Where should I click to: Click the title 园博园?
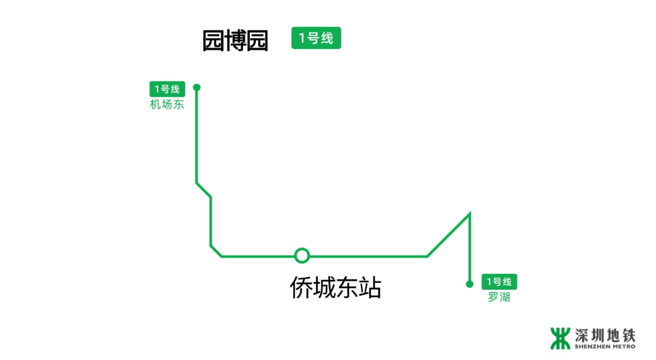pyautogui.click(x=235, y=41)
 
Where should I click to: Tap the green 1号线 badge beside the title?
pyautogui.click(x=316, y=38)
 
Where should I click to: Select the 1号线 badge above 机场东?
pyautogui.click(x=167, y=89)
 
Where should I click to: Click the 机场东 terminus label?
pyautogui.click(x=167, y=104)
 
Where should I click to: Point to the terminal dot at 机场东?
pyautogui.click(x=197, y=87)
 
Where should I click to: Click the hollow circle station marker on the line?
pyautogui.click(x=302, y=256)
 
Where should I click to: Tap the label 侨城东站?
pyautogui.click(x=335, y=288)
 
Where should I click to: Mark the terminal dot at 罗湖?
pyautogui.click(x=470, y=284)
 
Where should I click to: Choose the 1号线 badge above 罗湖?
pyautogui.click(x=499, y=282)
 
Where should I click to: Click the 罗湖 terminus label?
pyautogui.click(x=499, y=297)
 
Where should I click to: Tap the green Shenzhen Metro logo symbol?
pyautogui.click(x=560, y=339)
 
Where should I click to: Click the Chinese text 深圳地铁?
pyautogui.click(x=605, y=335)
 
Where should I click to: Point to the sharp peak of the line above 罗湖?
pyautogui.click(x=470, y=214)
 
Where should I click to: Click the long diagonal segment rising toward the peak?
pyautogui.click(x=448, y=235)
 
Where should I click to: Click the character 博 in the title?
pyautogui.click(x=235, y=41)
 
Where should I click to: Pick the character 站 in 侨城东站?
pyautogui.click(x=369, y=288)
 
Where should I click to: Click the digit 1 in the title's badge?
pyautogui.click(x=302, y=38)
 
